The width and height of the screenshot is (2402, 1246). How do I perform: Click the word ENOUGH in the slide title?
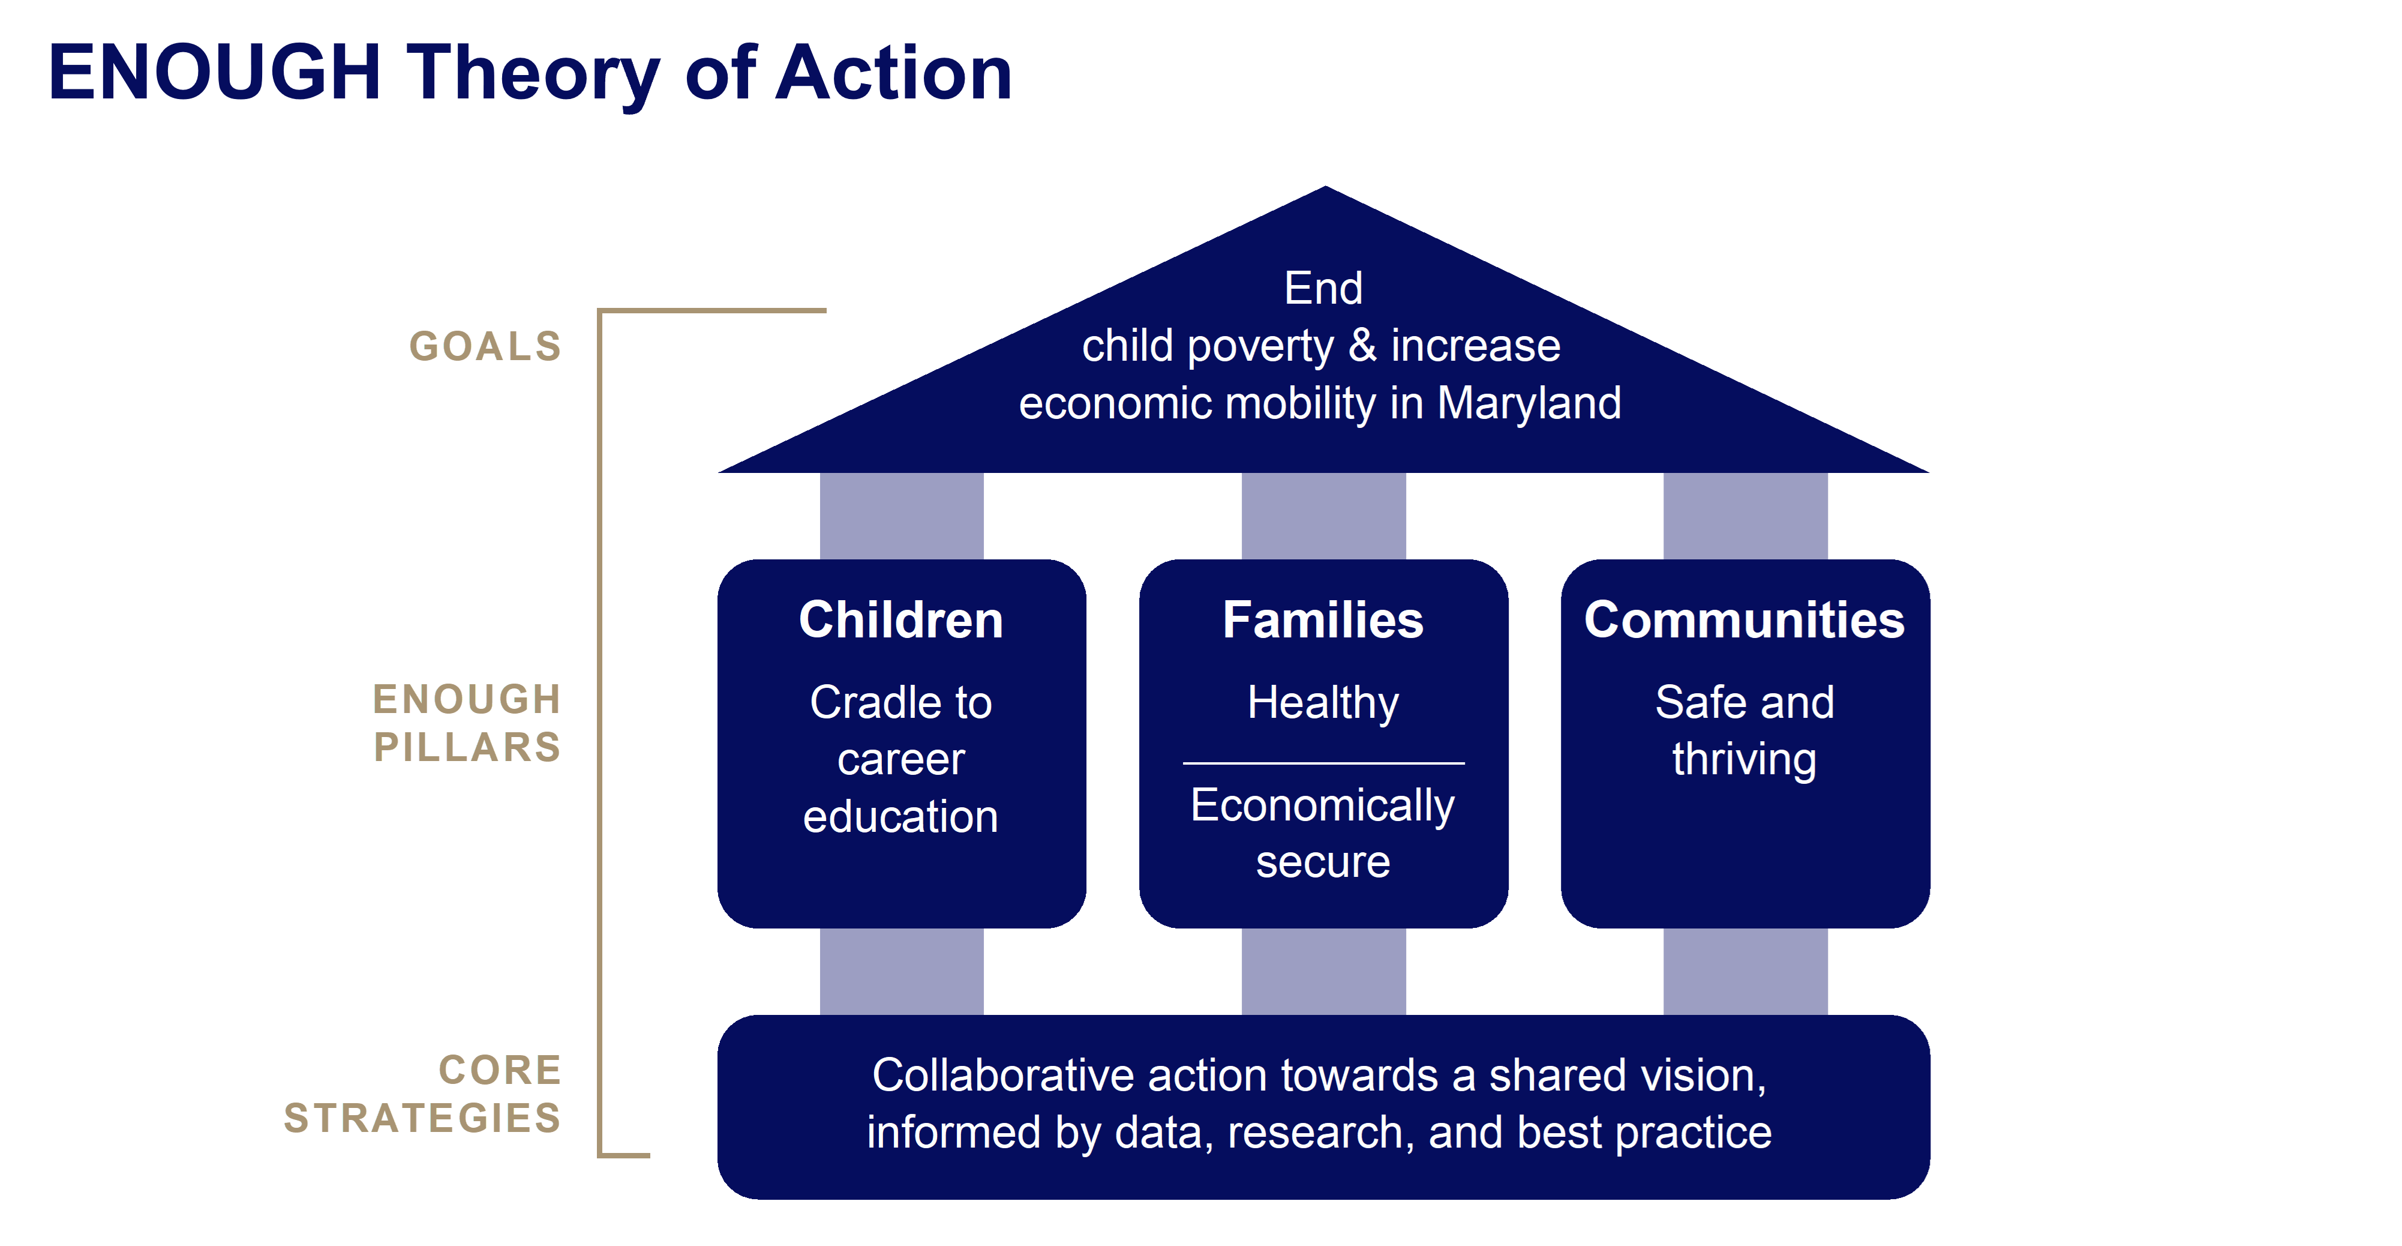pos(215,72)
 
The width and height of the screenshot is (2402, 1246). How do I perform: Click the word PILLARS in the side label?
pos(467,747)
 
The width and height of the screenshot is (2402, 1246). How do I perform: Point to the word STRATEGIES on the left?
pos(422,1118)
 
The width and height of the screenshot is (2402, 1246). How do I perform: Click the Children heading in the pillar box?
pos(901,619)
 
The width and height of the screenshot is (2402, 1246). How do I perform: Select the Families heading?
pos(1323,619)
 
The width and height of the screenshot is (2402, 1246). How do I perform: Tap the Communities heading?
pos(1745,619)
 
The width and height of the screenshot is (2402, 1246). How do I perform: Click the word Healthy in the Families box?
pos(1323,704)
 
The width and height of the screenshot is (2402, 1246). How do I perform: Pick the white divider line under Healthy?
pos(1323,763)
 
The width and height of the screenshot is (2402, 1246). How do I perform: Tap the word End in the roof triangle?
pos(1323,288)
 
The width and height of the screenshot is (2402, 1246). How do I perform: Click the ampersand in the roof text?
pos(1362,346)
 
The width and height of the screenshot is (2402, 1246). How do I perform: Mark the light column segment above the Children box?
pos(902,516)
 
